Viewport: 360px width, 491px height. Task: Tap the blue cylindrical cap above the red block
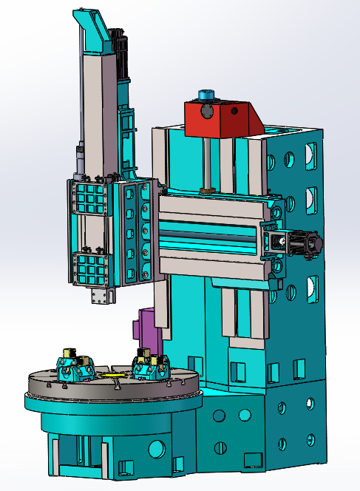[x=205, y=95]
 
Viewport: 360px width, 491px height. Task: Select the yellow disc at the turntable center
[x=115, y=375]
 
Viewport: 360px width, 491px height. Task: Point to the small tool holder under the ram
[x=100, y=297]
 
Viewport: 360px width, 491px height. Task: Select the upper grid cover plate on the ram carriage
[x=89, y=199]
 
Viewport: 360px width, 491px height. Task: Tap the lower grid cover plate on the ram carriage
[x=91, y=268]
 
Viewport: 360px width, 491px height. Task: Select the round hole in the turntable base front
[x=157, y=448]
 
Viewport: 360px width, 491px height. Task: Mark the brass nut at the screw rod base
[x=207, y=192]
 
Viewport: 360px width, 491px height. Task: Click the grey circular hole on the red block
[x=235, y=112]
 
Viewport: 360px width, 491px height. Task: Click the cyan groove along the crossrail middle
[x=207, y=237]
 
